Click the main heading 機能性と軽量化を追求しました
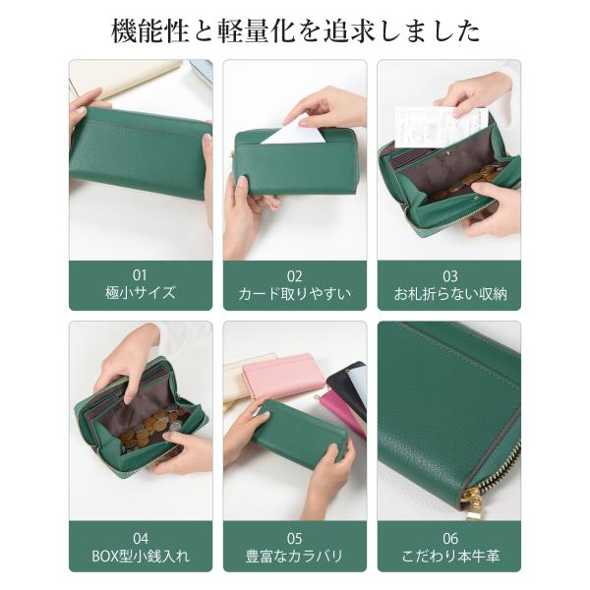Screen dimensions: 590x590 (295, 30)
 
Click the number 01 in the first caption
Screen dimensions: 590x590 (140, 275)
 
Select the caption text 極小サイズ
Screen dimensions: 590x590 (141, 293)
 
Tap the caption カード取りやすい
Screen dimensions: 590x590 (295, 293)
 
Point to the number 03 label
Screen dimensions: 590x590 (450, 276)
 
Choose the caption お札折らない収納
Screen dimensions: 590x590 (450, 294)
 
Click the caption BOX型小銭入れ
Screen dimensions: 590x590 (141, 556)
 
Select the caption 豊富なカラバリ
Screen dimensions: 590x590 (295, 556)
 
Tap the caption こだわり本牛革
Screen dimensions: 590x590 (450, 556)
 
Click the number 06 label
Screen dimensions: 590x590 (450, 539)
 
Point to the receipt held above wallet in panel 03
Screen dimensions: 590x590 (441, 127)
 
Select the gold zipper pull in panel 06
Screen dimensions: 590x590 (473, 499)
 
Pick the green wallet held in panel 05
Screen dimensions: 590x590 (298, 434)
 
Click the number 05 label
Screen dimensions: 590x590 (295, 539)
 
